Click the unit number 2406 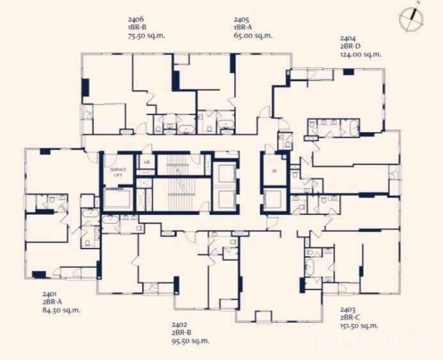[136, 20]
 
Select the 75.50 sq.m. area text [146, 36]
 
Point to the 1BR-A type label [243, 28]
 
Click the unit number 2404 [348, 38]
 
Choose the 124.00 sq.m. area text [361, 54]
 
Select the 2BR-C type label [351, 317]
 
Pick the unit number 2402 [180, 325]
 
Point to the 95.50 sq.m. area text [190, 341]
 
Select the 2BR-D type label [351, 46]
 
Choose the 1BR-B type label [137, 28]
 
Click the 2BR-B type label [182, 333]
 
